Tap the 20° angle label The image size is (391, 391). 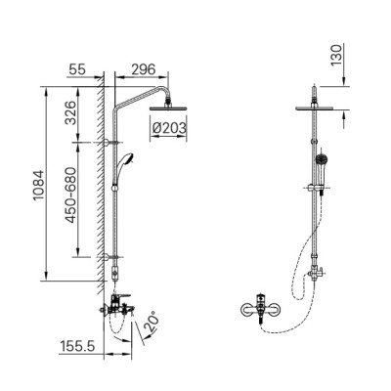click(x=153, y=322)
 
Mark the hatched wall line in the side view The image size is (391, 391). click(x=102, y=195)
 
